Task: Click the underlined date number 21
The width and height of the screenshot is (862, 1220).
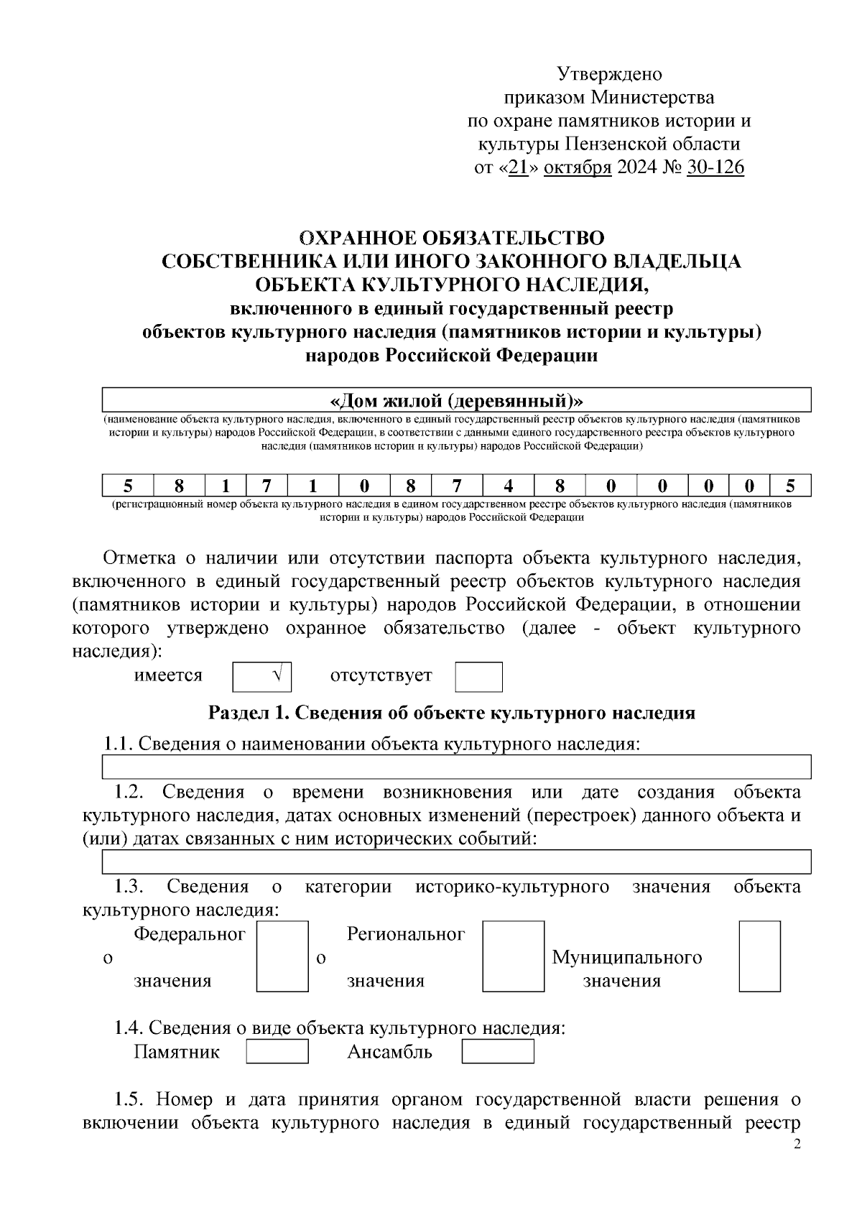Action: pos(517,168)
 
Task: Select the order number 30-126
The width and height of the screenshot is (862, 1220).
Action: pos(715,168)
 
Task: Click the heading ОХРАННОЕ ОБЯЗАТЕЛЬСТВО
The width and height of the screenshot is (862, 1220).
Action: pos(451,238)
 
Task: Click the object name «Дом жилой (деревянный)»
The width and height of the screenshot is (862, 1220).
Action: pos(456,399)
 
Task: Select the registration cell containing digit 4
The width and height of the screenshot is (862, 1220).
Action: pos(508,486)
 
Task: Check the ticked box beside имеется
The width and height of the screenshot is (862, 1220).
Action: pos(262,677)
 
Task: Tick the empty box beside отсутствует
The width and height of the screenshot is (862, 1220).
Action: pos(478,677)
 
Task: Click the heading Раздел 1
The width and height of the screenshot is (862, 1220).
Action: pos(451,713)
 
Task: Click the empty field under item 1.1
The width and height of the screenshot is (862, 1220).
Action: pos(456,767)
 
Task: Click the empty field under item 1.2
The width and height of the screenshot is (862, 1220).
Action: pos(456,861)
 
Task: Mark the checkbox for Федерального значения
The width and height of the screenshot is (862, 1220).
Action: pos(282,956)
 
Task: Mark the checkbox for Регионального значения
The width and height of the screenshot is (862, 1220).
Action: pos(512,956)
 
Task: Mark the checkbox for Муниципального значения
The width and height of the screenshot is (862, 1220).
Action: pos(759,956)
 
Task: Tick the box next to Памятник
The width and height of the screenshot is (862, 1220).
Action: pos(277,1052)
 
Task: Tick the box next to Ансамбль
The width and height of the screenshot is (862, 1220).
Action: pos(497,1052)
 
